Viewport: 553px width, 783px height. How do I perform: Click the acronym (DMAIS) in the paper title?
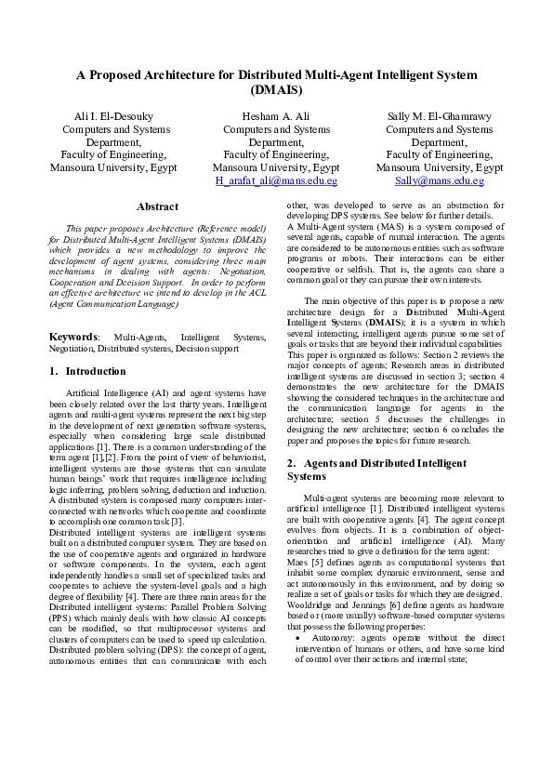pyautogui.click(x=276, y=90)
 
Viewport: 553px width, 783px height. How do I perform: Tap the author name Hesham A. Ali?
pyautogui.click(x=276, y=116)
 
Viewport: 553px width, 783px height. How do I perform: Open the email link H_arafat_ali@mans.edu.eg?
pyautogui.click(x=276, y=181)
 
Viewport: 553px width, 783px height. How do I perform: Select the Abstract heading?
pyautogui.click(x=157, y=206)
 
